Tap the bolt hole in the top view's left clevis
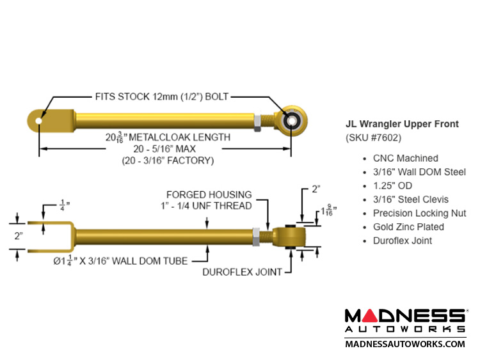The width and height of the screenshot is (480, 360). pyautogui.click(x=40, y=120)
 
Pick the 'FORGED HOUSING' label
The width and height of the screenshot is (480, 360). pyautogui.click(x=209, y=194)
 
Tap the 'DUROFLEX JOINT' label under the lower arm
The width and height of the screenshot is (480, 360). pyautogui.click(x=242, y=272)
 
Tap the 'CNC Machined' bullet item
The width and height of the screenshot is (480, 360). pyautogui.click(x=405, y=158)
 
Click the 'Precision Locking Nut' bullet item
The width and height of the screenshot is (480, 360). pyautogui.click(x=419, y=213)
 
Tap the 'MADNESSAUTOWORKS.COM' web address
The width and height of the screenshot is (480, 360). pyautogui.click(x=404, y=344)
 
